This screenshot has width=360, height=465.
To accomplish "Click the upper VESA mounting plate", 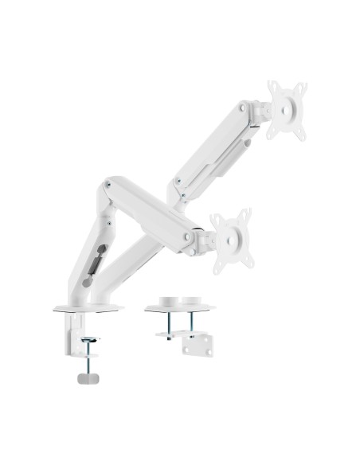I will point(286,111).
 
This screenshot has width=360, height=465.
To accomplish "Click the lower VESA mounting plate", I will point(232,238).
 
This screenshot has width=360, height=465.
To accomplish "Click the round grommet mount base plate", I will point(179,307).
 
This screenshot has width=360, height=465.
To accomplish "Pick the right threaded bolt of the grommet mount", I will point(191,323).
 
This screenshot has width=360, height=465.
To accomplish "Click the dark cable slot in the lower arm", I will point(93,263).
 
